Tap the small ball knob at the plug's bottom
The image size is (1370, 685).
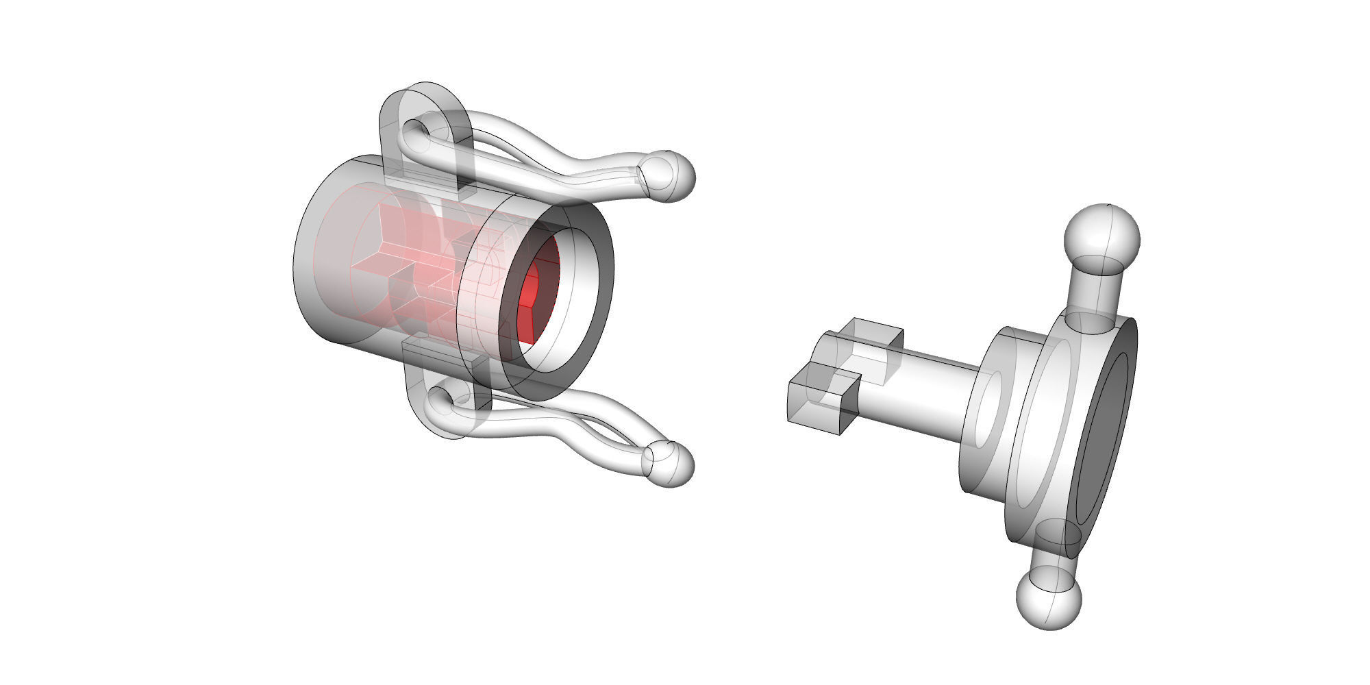1048,600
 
